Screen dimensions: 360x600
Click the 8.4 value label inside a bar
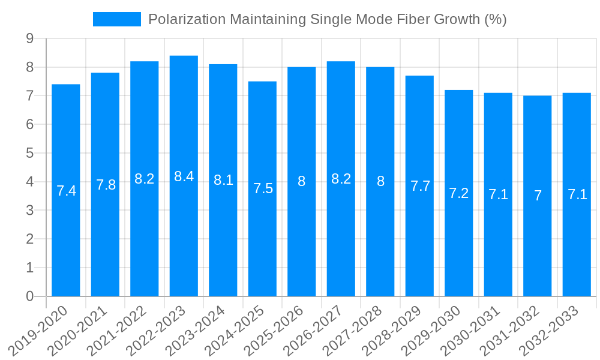point(184,176)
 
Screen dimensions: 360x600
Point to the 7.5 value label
point(263,188)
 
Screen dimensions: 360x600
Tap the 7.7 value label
point(420,186)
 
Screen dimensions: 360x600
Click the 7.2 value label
point(459,193)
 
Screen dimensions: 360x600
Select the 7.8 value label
point(106,185)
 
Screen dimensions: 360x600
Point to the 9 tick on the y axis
point(29,39)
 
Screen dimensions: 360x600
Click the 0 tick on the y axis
point(29,296)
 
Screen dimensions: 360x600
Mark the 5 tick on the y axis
point(29,153)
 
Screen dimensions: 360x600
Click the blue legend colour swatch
point(117,19)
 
